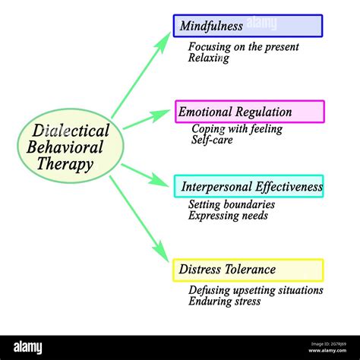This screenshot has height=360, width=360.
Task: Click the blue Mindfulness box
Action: coord(248,26)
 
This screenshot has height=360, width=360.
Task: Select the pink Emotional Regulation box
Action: coord(250,112)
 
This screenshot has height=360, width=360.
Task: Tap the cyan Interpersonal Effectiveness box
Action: coord(248,186)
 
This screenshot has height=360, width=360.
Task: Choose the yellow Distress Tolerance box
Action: coord(248,270)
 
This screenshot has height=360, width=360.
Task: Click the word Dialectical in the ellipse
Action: coord(71,131)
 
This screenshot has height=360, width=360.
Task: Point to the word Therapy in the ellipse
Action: coord(65,164)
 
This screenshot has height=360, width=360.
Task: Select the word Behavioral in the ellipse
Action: coord(65,147)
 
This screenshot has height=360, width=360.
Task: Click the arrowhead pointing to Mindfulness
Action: coord(163,42)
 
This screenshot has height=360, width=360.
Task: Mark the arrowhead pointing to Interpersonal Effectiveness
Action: coord(159,180)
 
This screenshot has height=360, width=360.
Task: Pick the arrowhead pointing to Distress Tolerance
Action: coord(161,251)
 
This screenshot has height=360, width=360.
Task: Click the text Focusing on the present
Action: coord(244,47)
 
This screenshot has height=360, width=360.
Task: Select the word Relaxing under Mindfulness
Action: coord(209,58)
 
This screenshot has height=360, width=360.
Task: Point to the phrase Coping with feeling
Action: coord(237,129)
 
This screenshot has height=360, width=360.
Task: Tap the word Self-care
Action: coord(212,140)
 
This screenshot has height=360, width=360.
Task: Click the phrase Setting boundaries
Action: coord(232,204)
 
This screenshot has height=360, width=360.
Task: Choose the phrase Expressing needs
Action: coord(228,216)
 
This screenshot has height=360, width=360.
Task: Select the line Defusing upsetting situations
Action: coord(256,290)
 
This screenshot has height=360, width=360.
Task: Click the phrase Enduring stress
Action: coord(225,302)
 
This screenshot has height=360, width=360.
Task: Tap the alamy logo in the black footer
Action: coord(28,347)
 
